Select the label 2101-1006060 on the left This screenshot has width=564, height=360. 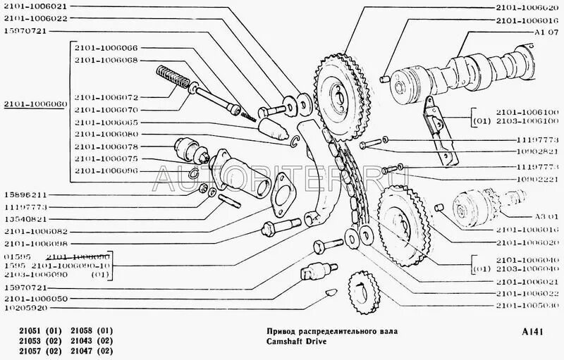[33, 104]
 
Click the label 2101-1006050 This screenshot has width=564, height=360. [39, 299]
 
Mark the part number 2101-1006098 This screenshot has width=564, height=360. [39, 243]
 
